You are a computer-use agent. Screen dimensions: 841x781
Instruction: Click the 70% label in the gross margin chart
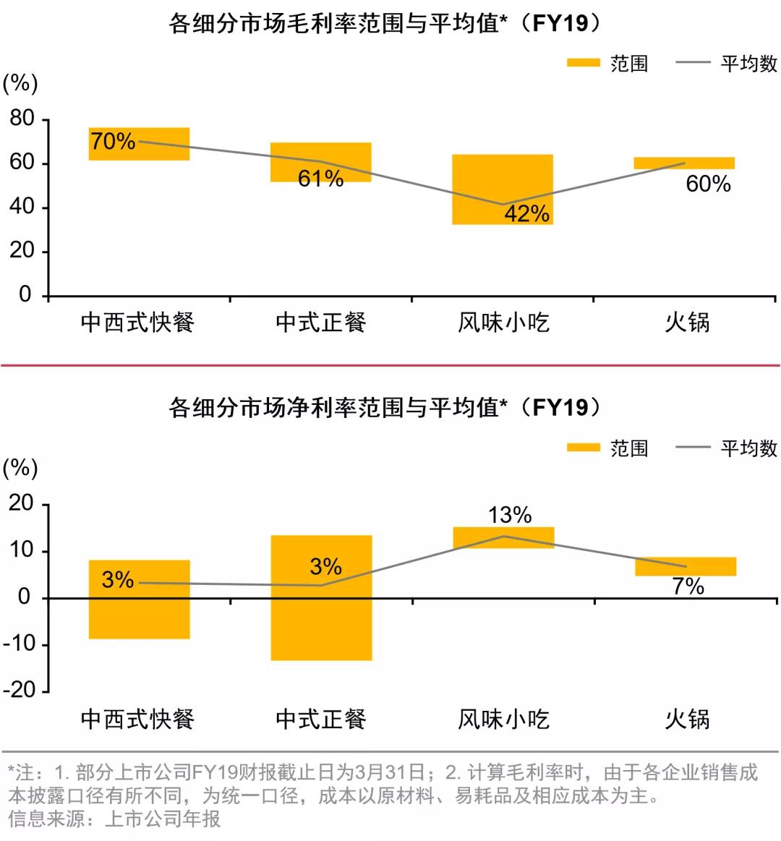[113, 141]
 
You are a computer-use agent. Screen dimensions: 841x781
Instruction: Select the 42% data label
[527, 213]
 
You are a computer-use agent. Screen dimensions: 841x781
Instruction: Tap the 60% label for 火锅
[708, 184]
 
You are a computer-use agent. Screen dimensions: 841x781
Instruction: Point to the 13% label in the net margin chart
[510, 515]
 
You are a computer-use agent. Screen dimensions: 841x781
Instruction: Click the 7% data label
[688, 586]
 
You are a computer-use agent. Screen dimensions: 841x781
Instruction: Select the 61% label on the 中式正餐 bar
[320, 178]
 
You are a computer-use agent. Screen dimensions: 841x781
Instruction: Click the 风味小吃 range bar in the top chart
[503, 189]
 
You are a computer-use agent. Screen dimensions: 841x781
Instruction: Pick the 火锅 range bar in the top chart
[684, 163]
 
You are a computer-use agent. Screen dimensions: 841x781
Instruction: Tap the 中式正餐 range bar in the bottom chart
[321, 622]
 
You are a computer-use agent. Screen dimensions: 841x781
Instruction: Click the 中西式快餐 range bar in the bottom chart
[139, 615]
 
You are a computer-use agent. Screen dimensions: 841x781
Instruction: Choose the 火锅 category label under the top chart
[687, 322]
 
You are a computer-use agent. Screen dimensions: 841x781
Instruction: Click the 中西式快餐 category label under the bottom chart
[137, 719]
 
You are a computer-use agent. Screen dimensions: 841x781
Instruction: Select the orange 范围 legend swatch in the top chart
[583, 63]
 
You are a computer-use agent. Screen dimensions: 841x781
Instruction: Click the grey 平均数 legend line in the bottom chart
[693, 448]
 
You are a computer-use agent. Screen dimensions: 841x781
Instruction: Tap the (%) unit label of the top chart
[20, 84]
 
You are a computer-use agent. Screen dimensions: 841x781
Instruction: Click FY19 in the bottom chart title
[560, 408]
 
